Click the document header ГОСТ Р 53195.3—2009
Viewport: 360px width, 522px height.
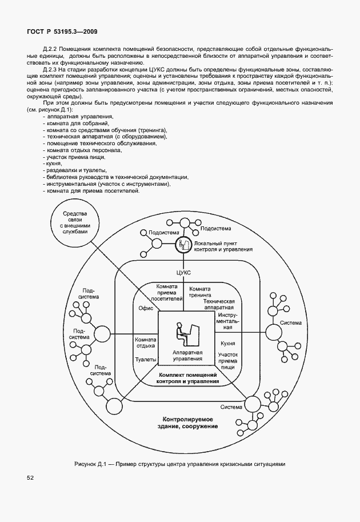[x=57, y=33]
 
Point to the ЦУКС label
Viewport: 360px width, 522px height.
[x=183, y=273]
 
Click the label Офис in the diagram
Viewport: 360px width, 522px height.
[x=145, y=308]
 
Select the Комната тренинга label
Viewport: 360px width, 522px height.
[x=200, y=293]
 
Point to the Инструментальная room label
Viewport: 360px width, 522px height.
[x=228, y=322]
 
